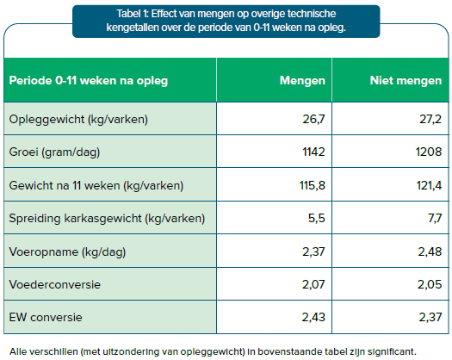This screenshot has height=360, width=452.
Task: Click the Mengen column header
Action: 302,80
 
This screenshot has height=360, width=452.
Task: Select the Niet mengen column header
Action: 406,80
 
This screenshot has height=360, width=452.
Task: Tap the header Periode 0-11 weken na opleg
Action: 89,80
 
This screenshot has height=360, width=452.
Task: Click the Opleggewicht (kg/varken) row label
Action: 78,119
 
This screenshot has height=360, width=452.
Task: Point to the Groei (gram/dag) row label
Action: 54,152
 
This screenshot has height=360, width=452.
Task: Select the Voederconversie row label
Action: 55,284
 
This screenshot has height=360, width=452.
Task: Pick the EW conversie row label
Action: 46,317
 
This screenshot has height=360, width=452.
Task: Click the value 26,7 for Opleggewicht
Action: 313,119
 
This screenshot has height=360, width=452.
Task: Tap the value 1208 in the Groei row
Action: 429,152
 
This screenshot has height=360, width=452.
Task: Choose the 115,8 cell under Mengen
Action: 313,185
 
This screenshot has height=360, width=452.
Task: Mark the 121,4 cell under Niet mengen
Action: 429,185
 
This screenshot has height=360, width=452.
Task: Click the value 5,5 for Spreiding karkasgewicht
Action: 317,219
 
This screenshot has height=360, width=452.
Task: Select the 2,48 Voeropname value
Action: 430,251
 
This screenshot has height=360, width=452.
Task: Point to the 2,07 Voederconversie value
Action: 313,284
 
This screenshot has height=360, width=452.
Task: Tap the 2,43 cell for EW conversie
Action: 313,317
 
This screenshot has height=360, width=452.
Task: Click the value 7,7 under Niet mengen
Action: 435,219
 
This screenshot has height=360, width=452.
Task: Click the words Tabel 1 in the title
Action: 133,14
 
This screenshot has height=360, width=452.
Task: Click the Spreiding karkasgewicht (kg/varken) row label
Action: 107,219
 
